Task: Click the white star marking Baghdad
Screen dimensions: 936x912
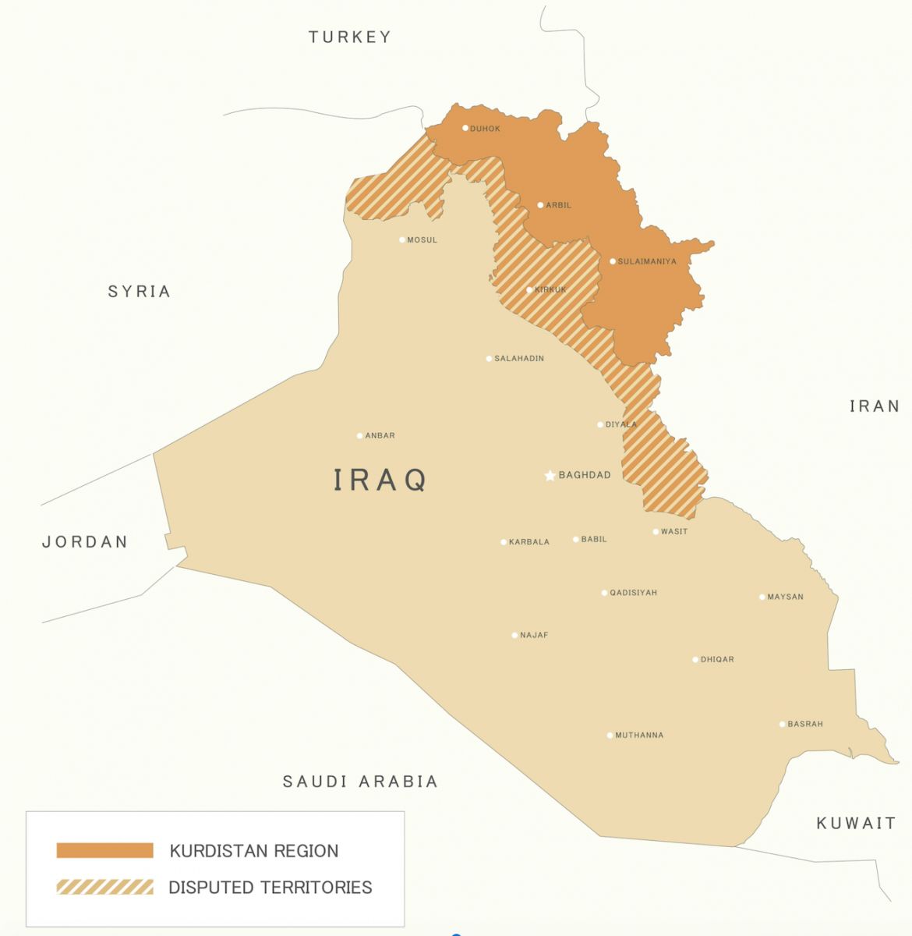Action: point(550,475)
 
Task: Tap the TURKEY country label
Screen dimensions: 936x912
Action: point(349,37)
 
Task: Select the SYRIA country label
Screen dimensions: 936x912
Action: point(139,292)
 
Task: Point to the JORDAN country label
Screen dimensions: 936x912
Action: point(84,542)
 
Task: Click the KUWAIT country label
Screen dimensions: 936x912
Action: point(856,824)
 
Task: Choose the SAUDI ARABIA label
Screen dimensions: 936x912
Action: point(360,782)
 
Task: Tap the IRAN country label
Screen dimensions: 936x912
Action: point(875,406)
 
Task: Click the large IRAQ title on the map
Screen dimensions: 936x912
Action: point(380,480)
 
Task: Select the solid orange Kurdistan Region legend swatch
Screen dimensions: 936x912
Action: point(104,850)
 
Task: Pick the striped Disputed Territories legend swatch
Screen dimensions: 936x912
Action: point(104,887)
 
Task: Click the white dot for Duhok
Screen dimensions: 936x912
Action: point(465,128)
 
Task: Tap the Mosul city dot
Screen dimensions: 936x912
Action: point(402,239)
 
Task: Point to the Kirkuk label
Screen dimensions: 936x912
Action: point(551,290)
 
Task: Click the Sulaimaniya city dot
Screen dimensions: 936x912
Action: point(613,261)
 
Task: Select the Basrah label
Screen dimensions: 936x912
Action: point(805,725)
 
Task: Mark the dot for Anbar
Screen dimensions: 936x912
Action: point(359,436)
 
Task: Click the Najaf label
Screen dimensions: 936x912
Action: point(534,636)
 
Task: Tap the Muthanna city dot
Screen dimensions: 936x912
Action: point(610,736)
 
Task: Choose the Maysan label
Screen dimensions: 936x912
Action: point(785,597)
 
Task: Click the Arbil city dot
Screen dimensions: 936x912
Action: point(540,205)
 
